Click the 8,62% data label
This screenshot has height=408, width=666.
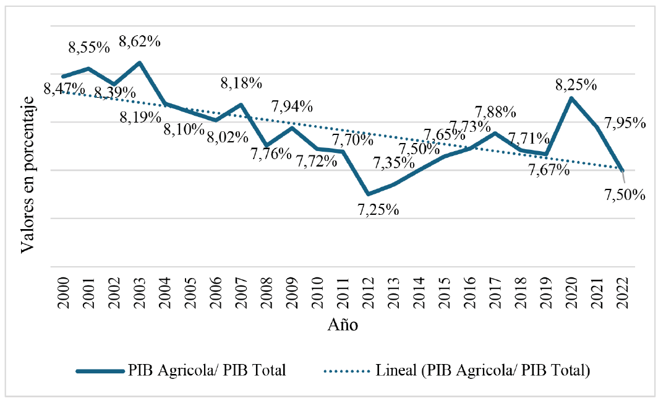[x=140, y=42]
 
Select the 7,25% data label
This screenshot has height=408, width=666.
[x=378, y=209]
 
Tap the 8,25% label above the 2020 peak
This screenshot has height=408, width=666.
[x=576, y=84]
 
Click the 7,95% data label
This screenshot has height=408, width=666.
[x=625, y=123]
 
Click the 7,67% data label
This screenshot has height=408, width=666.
[x=549, y=170]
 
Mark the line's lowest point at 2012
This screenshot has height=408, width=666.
[x=369, y=194]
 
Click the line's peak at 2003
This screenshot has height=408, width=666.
[x=140, y=63]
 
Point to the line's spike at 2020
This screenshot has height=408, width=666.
[x=571, y=98]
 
